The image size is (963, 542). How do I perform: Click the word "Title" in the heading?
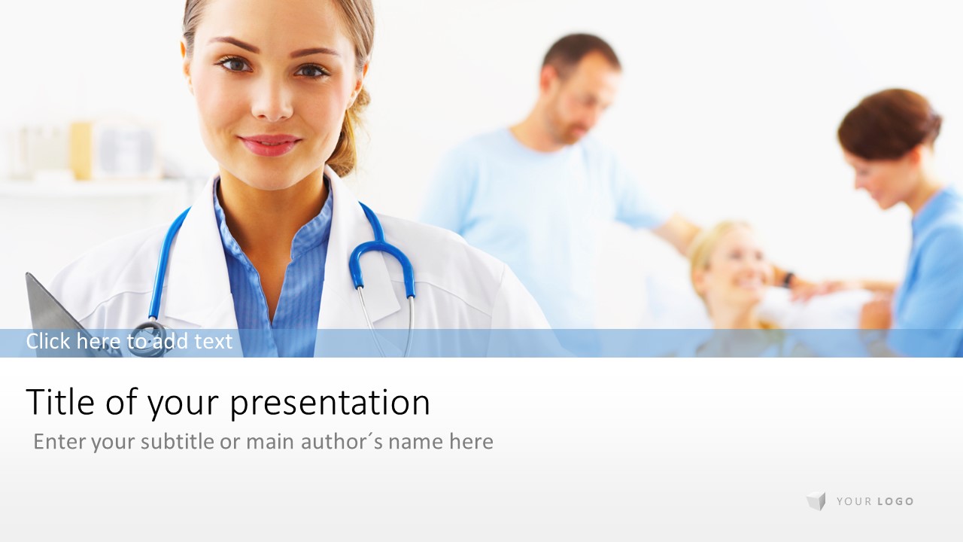(x=60, y=401)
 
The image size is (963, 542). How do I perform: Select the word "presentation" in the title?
(x=330, y=403)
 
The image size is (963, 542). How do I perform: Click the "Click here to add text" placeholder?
(x=129, y=341)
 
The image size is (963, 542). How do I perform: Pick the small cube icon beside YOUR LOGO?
(x=816, y=501)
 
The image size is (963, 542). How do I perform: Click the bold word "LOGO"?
(x=895, y=501)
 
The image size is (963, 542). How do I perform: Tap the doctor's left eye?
(x=311, y=70)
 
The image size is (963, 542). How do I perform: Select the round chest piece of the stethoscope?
(x=147, y=339)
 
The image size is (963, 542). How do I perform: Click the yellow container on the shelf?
(x=81, y=151)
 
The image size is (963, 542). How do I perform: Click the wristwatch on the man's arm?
(x=788, y=279)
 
